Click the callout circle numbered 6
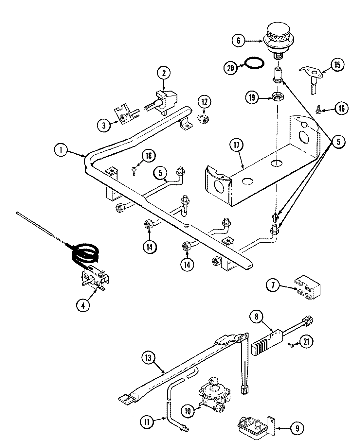[x=238, y=41]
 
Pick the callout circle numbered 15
[x=337, y=65]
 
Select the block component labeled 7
[x=307, y=287]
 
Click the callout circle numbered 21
[x=306, y=342]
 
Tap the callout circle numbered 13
[x=149, y=358]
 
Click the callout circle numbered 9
[x=297, y=428]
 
